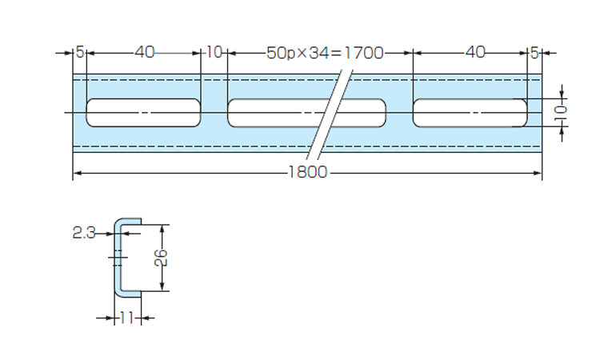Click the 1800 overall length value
coord(308,173)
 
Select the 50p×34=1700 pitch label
coord(325,53)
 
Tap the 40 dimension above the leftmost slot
coord(144,53)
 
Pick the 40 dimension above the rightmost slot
coord(475,53)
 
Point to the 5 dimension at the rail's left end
coord(79,53)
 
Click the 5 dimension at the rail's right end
coord(534,53)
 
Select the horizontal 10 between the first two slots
coord(214,53)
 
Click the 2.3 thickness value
coord(83,233)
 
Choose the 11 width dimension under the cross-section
coord(126,318)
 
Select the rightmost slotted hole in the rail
coord(470,113)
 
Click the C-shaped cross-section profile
coord(117,257)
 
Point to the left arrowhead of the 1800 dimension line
coord(77,173)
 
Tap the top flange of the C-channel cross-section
coord(128,221)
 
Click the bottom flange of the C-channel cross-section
coord(128,294)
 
